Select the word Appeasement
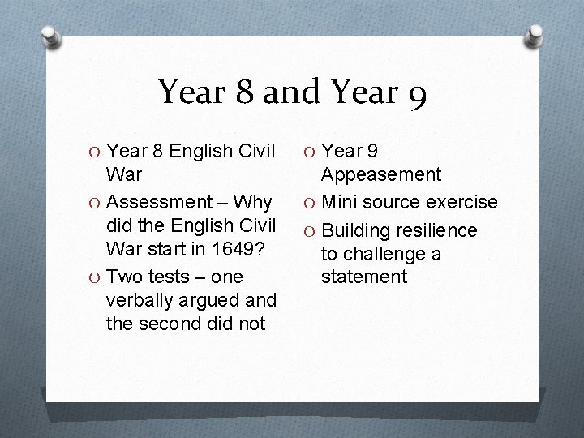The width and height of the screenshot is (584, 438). click(380, 174)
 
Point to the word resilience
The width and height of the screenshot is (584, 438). click(436, 231)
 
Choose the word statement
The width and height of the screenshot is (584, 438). click(363, 277)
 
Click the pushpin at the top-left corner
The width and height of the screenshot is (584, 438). click(50, 36)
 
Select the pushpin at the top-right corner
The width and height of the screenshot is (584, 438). click(535, 35)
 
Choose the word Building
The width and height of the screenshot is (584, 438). click(354, 231)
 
